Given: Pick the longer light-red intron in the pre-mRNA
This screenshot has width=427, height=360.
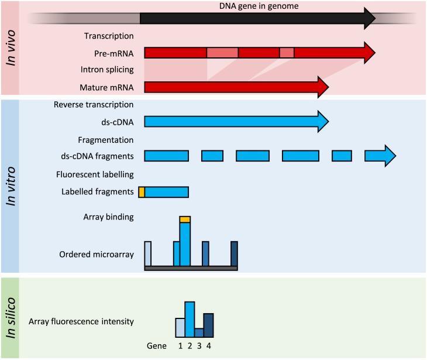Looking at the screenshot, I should click(x=222, y=53).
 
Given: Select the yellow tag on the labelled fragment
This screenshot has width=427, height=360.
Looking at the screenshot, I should click(x=141, y=191).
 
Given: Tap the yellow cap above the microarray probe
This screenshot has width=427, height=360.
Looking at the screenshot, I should click(x=185, y=219).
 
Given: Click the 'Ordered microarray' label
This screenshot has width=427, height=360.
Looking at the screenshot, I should click(x=97, y=255).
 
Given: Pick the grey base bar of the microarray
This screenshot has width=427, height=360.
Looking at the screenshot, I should click(x=191, y=268).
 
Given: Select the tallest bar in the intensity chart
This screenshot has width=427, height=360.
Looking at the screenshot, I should click(x=190, y=320).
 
